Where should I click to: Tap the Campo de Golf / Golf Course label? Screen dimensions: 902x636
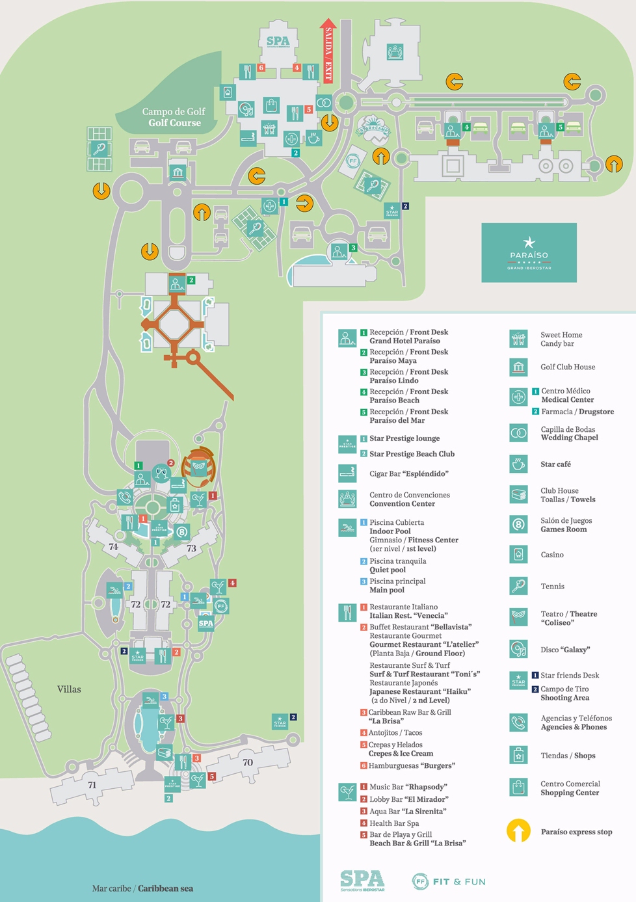[x=174, y=117]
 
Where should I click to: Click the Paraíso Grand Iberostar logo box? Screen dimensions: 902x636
[x=529, y=253]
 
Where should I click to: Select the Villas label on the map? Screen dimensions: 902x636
[x=69, y=689]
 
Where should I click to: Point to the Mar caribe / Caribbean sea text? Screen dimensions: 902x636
[x=142, y=888]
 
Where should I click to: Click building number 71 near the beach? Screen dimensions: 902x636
[x=92, y=785]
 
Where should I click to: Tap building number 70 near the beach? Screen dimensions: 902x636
[x=248, y=762]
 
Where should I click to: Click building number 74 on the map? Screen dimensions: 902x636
[x=113, y=547]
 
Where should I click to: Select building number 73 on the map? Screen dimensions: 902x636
[x=191, y=548]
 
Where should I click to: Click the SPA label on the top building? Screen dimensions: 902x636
[x=278, y=42]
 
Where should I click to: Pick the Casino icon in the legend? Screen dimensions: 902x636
[x=518, y=555]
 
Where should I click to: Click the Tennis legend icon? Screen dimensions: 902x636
[x=518, y=586]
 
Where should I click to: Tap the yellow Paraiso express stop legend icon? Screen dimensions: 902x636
[x=518, y=831]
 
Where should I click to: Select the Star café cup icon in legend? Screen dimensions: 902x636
[x=518, y=464]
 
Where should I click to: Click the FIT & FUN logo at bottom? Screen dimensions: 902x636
[x=449, y=882]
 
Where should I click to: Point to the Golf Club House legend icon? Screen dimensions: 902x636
[x=518, y=367]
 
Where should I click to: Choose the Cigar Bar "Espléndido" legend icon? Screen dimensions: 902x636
[x=347, y=473]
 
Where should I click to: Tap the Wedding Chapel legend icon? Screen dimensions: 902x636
[x=518, y=433]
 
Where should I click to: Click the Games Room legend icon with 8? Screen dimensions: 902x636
[x=518, y=524]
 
